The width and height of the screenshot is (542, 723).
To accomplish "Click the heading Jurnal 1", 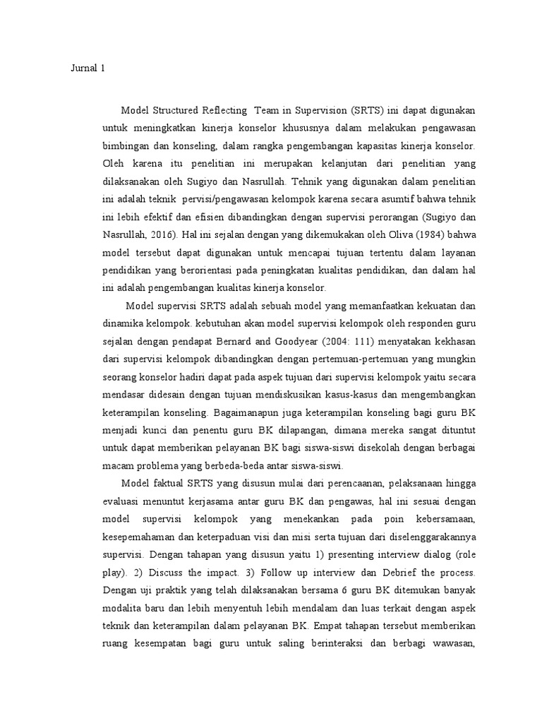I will [x=88, y=68].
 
